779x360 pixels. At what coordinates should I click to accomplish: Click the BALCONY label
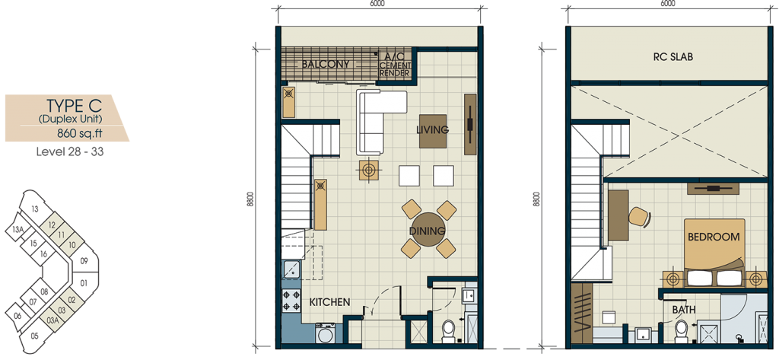[x=326, y=64]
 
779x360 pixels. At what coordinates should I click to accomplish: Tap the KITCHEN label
[x=330, y=302]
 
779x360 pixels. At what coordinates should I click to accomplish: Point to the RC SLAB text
[x=672, y=56]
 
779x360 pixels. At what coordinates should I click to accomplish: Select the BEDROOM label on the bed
[x=714, y=237]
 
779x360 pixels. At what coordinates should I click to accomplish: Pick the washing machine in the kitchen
[x=326, y=333]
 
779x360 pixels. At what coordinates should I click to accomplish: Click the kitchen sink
[x=291, y=270]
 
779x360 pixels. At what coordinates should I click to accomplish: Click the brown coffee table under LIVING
[x=433, y=131]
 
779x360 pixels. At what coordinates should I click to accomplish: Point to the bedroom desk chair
[x=640, y=216]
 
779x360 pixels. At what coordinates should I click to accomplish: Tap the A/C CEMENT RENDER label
[x=395, y=65]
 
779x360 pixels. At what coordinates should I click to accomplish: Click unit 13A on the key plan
[x=18, y=229]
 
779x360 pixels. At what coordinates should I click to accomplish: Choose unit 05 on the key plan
[x=33, y=336]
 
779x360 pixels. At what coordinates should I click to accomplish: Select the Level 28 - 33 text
[x=69, y=151]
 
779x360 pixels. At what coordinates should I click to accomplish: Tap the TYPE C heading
[x=74, y=106]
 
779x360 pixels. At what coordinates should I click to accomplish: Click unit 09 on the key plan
[x=84, y=260]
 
